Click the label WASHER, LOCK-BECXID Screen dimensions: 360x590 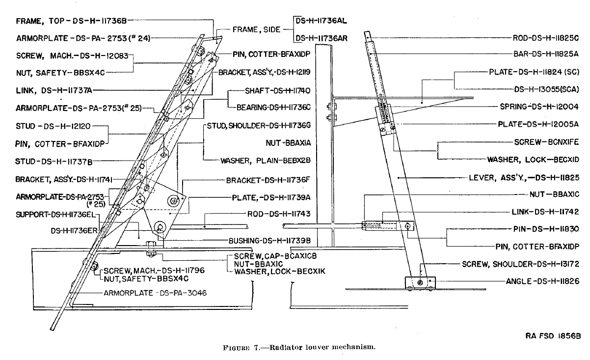point(533,159)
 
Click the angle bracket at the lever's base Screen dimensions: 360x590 point(420,282)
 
